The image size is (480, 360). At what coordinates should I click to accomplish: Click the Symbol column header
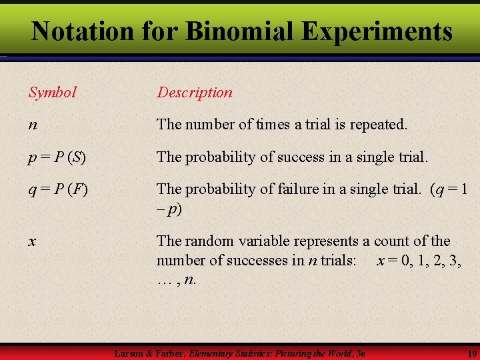53,93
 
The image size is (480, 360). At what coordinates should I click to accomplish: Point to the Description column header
195,93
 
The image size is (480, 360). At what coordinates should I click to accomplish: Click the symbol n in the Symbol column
33,125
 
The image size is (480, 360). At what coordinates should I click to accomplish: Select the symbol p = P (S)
57,157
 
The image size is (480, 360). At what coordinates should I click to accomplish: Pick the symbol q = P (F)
57,190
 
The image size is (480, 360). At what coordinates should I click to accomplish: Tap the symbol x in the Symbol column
32,242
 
